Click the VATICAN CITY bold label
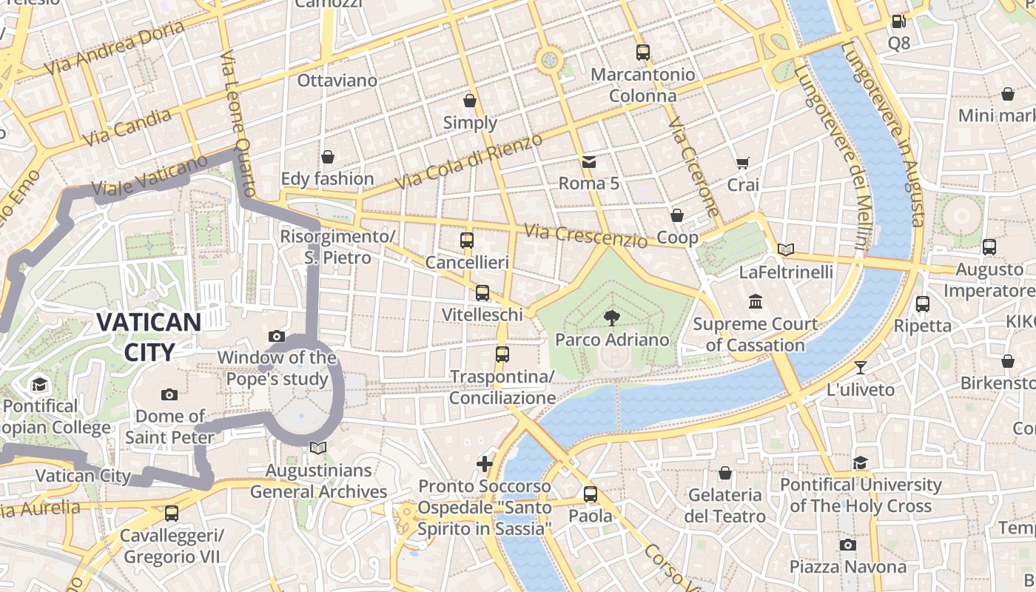coord(149,337)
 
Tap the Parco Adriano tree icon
coord(612,318)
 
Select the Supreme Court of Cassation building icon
coord(756,302)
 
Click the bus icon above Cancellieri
coord(467,240)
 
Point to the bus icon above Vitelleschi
coord(482,293)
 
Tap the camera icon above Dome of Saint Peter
coord(169,394)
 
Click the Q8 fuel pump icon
coord(898,22)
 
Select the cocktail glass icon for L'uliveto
coord(860,368)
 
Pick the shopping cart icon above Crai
coord(742,164)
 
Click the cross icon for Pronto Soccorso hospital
coord(485,464)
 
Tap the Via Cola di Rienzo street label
coord(468,161)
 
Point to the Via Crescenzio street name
coord(585,235)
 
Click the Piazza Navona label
coord(847,567)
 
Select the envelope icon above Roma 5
coord(588,161)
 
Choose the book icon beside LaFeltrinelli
coord(786,250)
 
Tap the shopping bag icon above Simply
coord(470,101)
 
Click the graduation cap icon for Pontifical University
coord(860,463)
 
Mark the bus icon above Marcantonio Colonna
coord(642,53)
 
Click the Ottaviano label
coord(337,80)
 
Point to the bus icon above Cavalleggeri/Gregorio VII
coord(172,513)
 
